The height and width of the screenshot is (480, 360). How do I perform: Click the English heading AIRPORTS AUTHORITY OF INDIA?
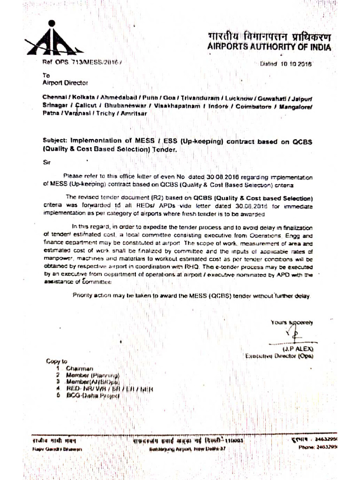[x=269, y=47]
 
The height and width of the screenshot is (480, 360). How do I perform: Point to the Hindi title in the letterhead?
[x=269, y=36]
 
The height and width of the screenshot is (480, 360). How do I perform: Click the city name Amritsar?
[x=133, y=114]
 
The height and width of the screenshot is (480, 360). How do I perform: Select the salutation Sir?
[x=45, y=162]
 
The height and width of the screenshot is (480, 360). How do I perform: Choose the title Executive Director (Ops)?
[x=279, y=356]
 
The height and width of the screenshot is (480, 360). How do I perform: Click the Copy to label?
[x=57, y=361]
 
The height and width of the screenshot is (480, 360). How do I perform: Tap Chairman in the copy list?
[x=80, y=368]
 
